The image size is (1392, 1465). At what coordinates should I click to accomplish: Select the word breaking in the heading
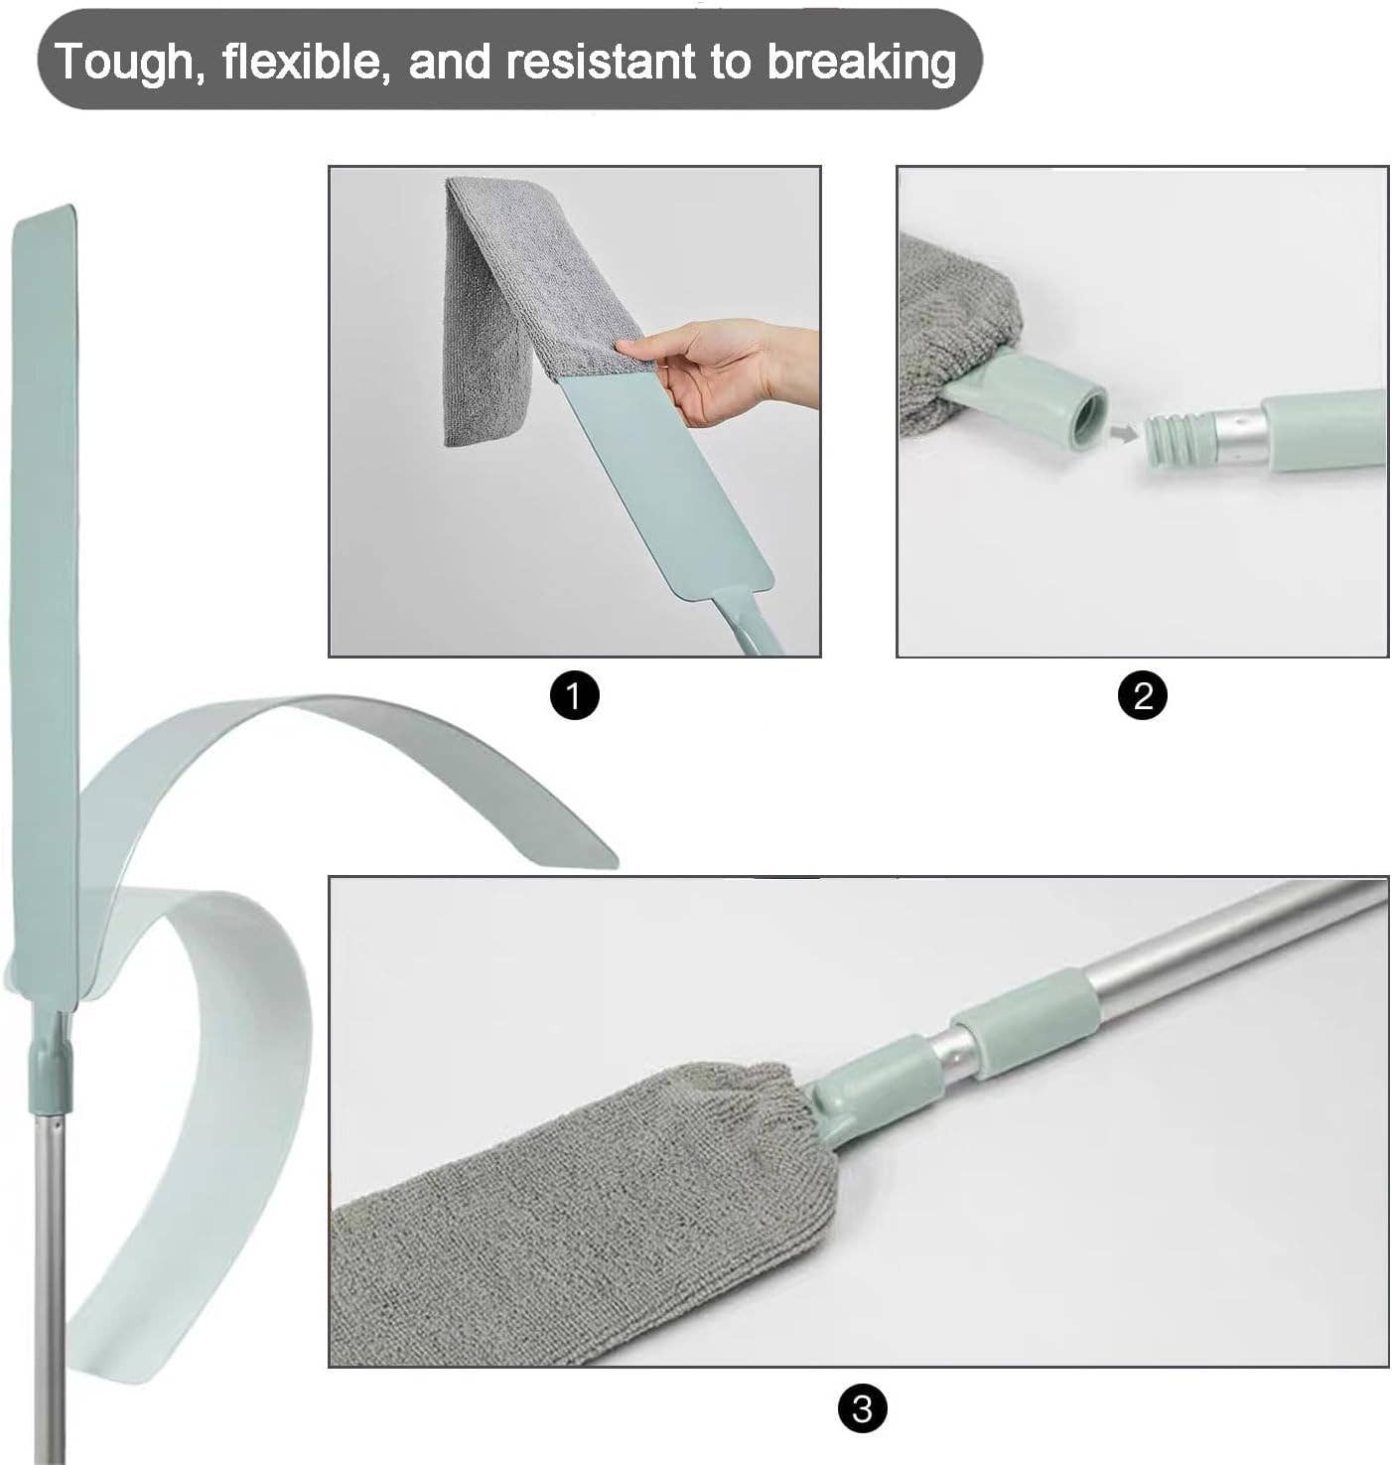[861, 63]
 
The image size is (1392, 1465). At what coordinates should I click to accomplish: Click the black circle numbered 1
[575, 696]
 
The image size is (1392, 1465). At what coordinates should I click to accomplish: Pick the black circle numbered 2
[1143, 696]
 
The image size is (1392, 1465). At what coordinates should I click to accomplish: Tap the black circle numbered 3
[862, 1409]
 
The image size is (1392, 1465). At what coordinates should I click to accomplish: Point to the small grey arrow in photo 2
[1124, 431]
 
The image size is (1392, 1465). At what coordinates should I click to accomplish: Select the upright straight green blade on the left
[45, 596]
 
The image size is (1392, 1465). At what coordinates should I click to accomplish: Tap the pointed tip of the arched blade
[616, 864]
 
